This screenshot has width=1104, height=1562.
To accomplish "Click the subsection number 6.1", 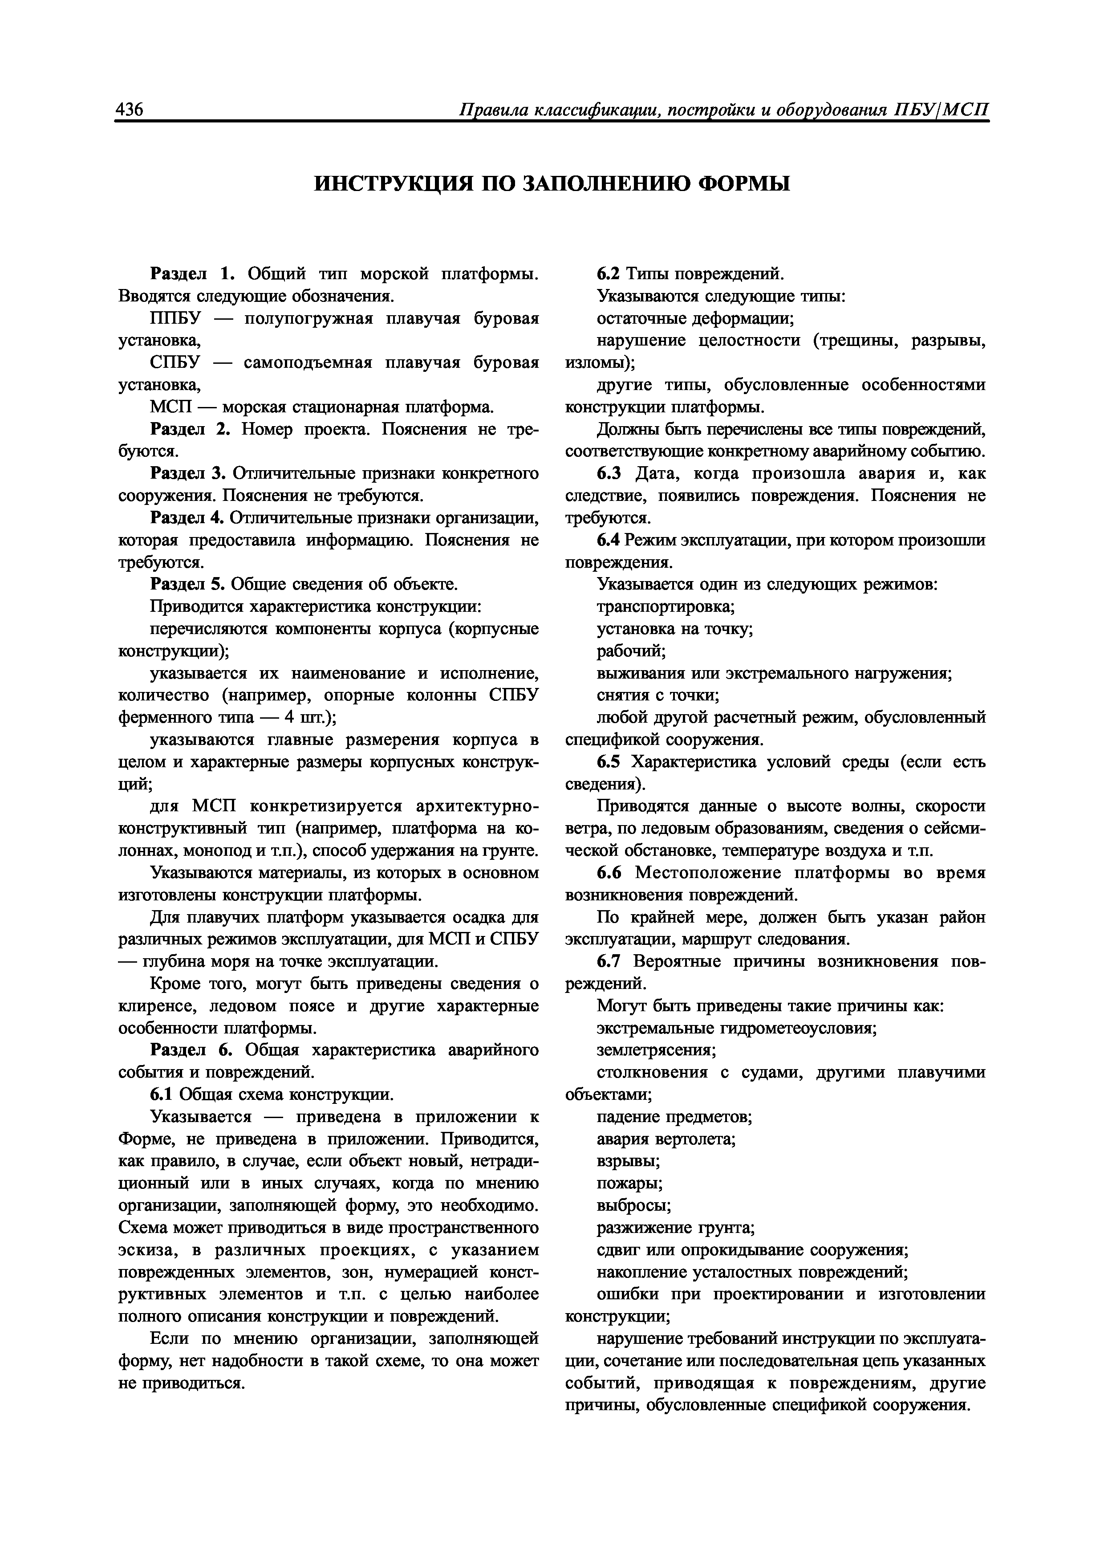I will coord(162,1094).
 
